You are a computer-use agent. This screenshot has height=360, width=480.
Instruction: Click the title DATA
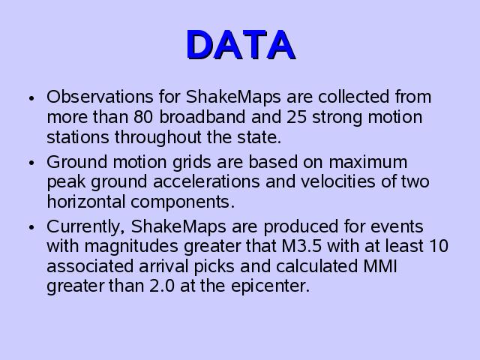coord(241,45)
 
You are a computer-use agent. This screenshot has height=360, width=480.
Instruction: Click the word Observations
coord(100,97)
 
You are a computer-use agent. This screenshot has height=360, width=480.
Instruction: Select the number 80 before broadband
coord(143,117)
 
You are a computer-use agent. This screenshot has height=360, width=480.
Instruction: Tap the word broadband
coord(202,117)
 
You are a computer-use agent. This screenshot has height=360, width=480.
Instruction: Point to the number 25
coord(296,117)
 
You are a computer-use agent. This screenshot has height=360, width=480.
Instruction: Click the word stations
coord(78,137)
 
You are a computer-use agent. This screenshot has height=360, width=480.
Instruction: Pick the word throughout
coord(158,137)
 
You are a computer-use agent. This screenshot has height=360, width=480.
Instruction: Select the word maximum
coord(368,162)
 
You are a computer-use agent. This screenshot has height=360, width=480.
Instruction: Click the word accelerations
coord(206,181)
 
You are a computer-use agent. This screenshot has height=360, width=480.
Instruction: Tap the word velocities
coord(338,181)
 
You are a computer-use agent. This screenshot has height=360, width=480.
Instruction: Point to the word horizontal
coord(86,202)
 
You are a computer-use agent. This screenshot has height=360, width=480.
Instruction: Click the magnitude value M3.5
coord(301,247)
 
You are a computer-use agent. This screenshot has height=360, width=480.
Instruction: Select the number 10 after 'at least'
coord(439,247)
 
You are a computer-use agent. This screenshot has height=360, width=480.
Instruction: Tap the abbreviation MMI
coord(380,266)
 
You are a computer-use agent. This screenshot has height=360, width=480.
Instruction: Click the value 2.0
coord(162,286)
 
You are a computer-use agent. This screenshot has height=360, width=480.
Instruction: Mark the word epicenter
coord(270,286)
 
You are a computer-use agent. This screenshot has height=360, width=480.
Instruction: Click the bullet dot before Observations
coord(31,98)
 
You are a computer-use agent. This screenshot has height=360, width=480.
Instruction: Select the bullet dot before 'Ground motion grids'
coord(31,163)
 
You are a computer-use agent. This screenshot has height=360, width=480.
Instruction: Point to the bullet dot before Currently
coord(31,227)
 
